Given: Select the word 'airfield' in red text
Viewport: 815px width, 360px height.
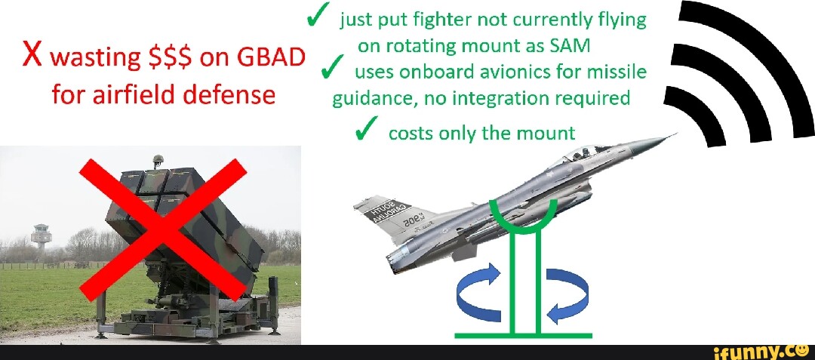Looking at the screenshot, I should tap(124, 97).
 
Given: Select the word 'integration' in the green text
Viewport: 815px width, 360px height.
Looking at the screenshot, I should tap(539, 99).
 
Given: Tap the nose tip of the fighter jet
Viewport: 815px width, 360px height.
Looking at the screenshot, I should tap(675, 134).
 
